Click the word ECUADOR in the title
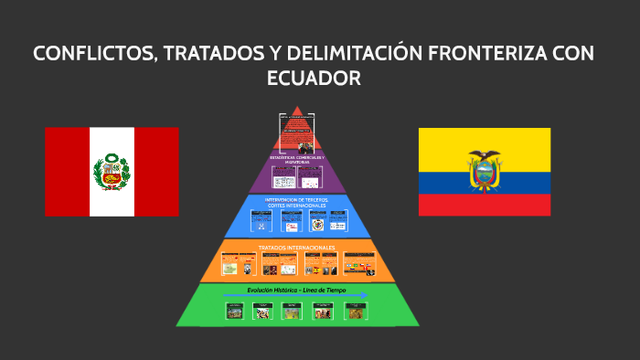tap(314, 79)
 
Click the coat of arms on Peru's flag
tap(112, 172)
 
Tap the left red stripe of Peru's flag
tap(67, 172)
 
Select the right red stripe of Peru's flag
tap(156, 172)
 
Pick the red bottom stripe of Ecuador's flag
tap(485, 205)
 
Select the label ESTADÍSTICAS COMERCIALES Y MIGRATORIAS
tap(298, 159)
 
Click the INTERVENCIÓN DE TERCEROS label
tap(297, 201)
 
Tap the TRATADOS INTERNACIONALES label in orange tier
tap(296, 247)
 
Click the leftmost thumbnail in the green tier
tap(235, 312)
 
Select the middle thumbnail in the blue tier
tap(292, 223)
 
